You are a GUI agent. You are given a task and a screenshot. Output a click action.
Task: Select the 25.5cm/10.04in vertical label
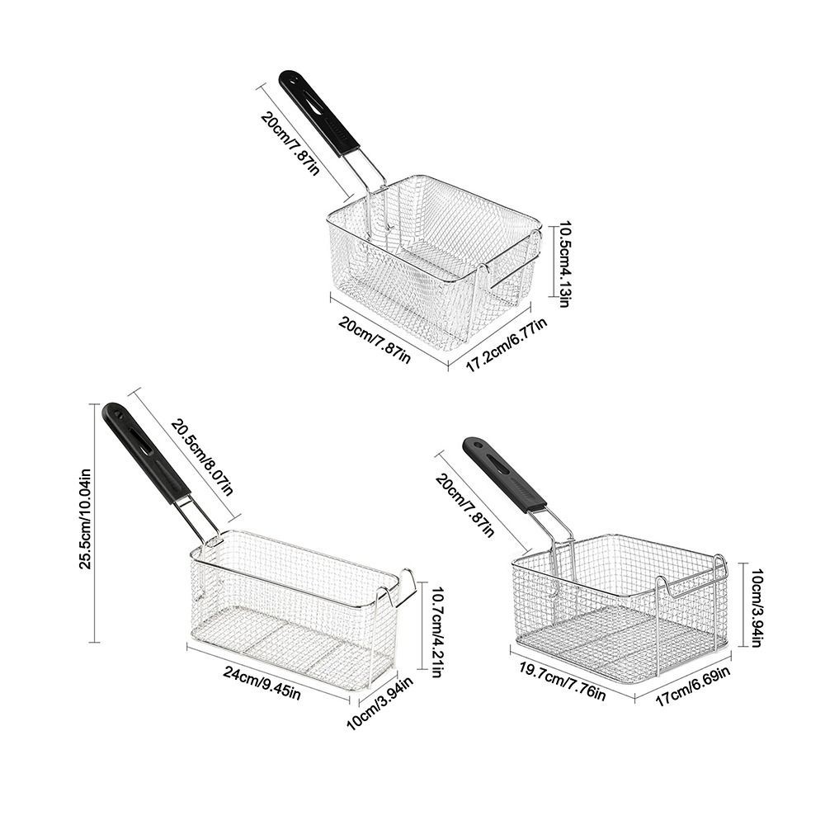pyautogui.click(x=86, y=519)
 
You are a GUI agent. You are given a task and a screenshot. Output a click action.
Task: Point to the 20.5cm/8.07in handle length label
pyautogui.click(x=201, y=457)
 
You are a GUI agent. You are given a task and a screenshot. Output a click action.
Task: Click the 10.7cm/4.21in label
pyautogui.click(x=436, y=629)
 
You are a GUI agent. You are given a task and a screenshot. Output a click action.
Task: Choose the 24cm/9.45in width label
pyautogui.click(x=262, y=682)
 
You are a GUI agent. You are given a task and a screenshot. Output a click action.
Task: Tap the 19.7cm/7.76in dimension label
pyautogui.click(x=563, y=682)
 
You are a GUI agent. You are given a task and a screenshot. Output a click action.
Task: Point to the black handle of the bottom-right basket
pyautogui.click(x=503, y=474)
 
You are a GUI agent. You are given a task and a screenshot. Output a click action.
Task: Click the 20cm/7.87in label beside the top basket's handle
pyautogui.click(x=290, y=143)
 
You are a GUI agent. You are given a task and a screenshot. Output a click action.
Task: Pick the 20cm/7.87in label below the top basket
pyautogui.click(x=374, y=340)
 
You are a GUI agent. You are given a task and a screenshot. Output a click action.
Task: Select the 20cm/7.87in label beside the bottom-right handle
pyautogui.click(x=465, y=504)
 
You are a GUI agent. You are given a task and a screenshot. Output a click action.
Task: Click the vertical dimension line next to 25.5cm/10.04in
pyautogui.click(x=95, y=522)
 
